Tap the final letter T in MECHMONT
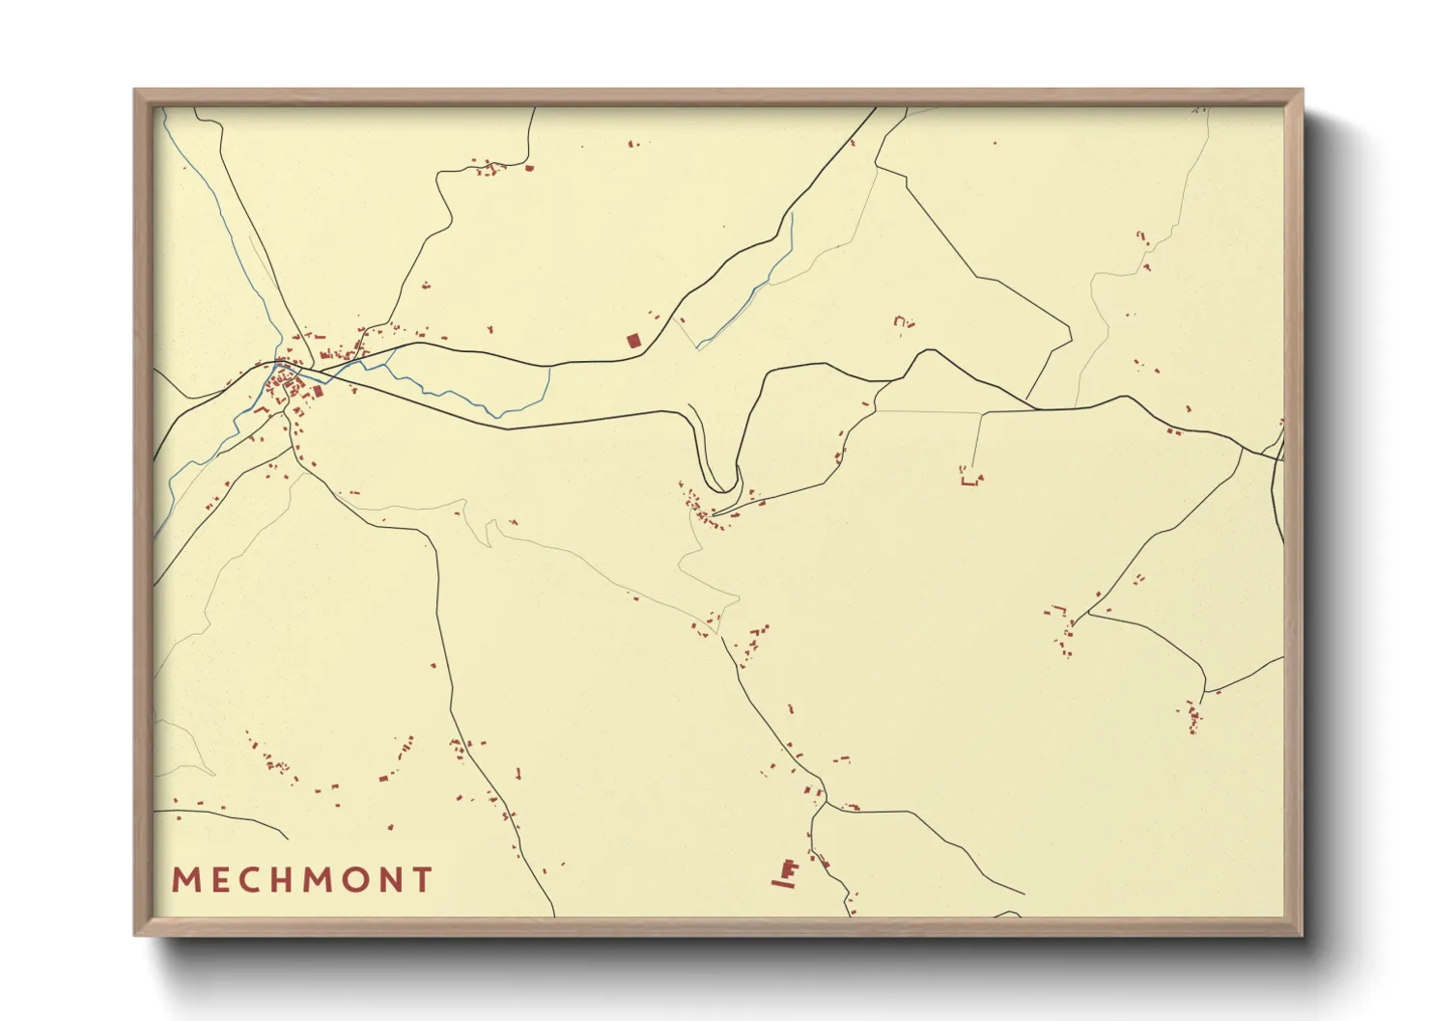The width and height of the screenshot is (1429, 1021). coord(423,880)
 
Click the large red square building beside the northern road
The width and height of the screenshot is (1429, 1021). coord(633,340)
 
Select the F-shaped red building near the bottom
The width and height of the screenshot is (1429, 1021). coord(789,869)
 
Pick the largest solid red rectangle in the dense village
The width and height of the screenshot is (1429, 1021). coord(317,391)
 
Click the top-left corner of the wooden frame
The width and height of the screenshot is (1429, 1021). coord(135,91)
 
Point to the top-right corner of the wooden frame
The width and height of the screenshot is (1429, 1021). coord(1302,91)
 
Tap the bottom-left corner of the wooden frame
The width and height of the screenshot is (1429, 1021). coord(135,934)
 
